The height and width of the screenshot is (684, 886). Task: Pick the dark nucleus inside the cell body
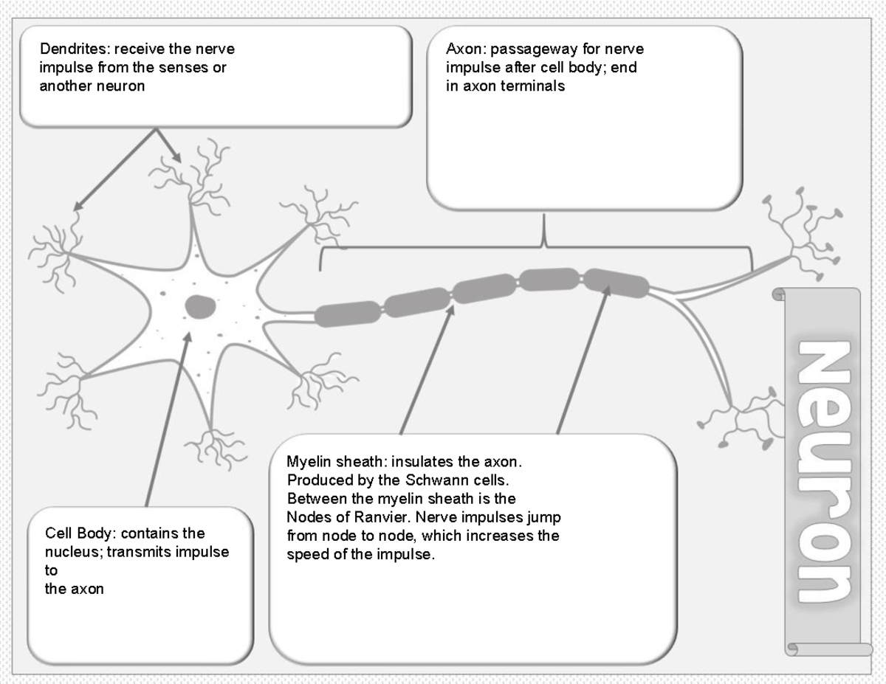[199, 305]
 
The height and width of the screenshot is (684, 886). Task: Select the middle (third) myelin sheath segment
[483, 289]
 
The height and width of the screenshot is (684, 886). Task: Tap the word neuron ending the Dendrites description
[121, 86]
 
